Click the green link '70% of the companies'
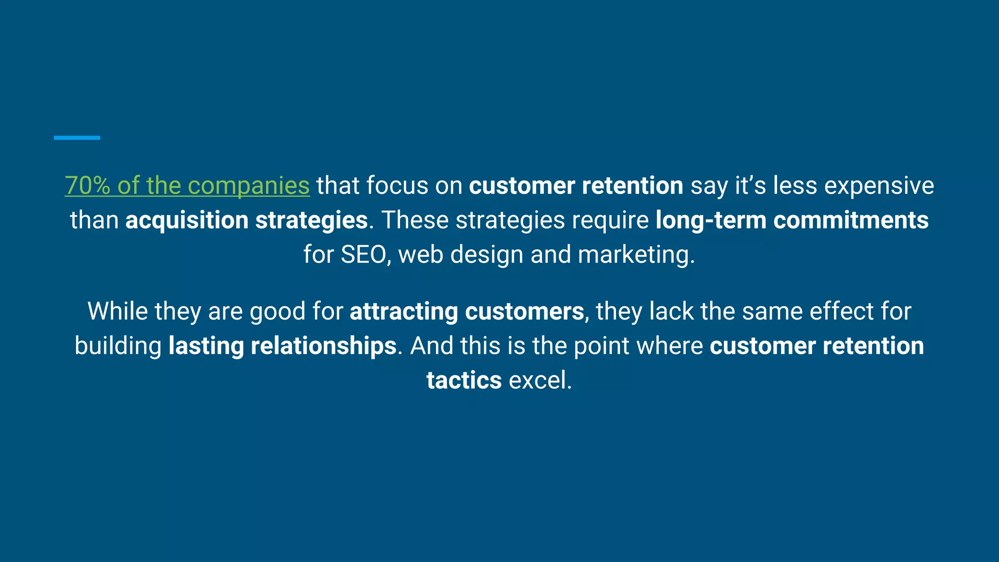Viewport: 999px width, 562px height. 187,186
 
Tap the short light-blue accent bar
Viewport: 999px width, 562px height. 77,138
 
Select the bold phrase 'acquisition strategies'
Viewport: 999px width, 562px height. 246,220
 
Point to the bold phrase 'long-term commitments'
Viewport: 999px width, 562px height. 792,220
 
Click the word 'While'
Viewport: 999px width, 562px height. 117,311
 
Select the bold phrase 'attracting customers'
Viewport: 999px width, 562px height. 466,311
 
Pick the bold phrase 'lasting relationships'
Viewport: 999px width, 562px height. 282,346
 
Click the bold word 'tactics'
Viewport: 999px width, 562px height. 464,380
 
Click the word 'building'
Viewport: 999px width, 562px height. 118,346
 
